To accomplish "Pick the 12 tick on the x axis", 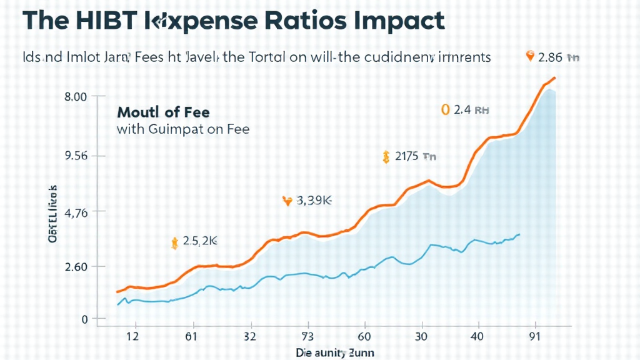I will [x=132, y=336].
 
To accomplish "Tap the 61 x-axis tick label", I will [x=191, y=336].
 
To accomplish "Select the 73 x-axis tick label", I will [x=307, y=336].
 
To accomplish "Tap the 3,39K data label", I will [x=314, y=201].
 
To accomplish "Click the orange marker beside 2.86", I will [x=531, y=57].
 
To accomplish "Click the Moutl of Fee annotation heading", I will [x=163, y=112].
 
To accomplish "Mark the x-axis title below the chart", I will [x=335, y=353].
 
